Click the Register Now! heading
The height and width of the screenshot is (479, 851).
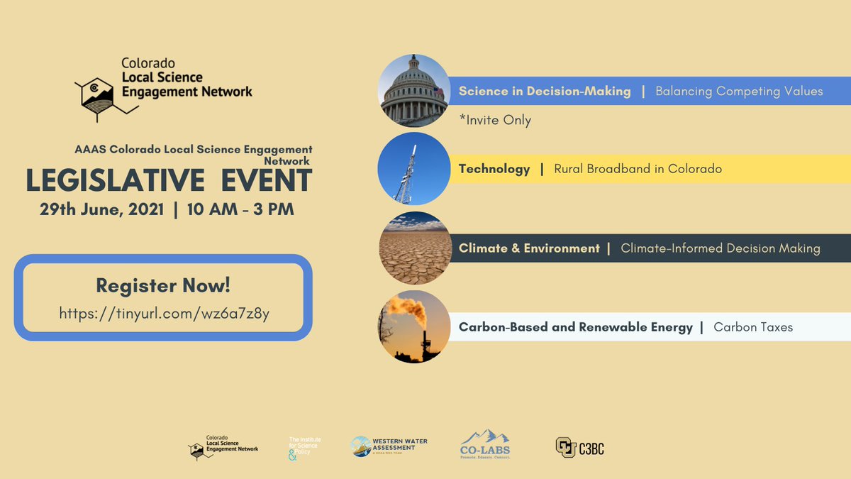(x=163, y=286)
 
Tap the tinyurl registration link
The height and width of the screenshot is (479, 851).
(x=164, y=313)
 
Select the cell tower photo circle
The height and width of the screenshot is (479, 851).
(x=414, y=169)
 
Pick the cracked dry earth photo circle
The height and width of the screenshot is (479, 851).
(x=414, y=248)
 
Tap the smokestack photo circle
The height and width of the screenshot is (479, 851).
(x=414, y=327)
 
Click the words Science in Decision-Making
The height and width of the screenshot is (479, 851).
(x=545, y=91)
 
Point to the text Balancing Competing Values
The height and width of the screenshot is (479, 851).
(x=739, y=91)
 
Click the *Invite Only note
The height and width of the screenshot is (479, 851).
(x=495, y=120)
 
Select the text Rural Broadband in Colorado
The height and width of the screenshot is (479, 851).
(x=638, y=169)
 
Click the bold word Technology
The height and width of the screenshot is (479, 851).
(x=494, y=169)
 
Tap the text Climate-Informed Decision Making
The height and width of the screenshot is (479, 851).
(x=721, y=248)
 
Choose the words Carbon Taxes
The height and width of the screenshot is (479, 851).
(x=753, y=327)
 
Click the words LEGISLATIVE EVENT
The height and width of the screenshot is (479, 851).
(x=169, y=181)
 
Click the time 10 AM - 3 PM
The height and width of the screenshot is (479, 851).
(x=240, y=210)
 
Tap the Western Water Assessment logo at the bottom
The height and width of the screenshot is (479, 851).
(x=389, y=446)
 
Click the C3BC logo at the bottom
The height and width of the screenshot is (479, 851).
(x=579, y=447)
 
